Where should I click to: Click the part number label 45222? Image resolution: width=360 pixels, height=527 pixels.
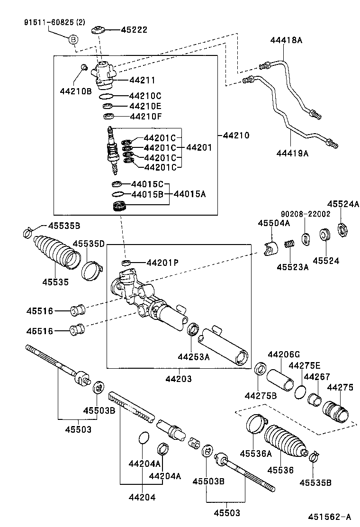pos(134,30)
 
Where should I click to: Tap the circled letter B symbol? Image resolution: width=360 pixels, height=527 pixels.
pos(73,40)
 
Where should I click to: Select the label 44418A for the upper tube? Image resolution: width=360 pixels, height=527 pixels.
pos(286,40)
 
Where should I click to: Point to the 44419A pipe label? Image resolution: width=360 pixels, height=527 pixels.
pos(292,153)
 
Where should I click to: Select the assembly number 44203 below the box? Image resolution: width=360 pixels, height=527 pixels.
pos(179,379)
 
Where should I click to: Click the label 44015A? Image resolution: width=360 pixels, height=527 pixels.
pos(190,194)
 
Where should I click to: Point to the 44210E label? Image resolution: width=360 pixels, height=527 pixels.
pos(145,106)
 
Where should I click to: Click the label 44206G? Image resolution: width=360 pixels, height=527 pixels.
pos(284,354)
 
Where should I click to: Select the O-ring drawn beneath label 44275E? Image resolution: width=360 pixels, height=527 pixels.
pos(300,392)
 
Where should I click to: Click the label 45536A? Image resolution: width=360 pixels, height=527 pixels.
pos(256,454)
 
